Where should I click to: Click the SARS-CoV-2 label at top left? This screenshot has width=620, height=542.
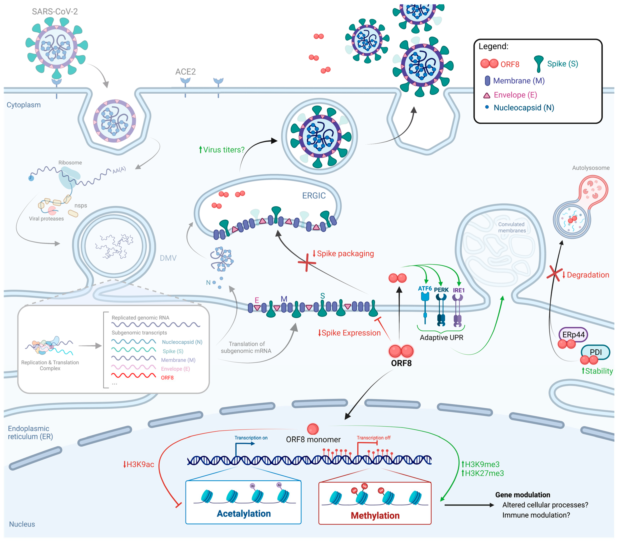(55, 12)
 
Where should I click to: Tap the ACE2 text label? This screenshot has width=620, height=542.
(185, 72)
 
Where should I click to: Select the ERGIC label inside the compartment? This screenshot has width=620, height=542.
(314, 196)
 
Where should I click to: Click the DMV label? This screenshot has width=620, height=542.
(168, 258)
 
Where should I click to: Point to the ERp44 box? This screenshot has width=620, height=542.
(573, 334)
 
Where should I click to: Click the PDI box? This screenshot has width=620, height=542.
(596, 352)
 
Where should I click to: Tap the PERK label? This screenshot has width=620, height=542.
(441, 290)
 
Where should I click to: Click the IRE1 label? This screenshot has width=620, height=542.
(458, 290)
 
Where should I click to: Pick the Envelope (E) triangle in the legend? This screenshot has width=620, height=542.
(486, 96)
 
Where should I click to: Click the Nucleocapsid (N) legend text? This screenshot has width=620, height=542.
(524, 108)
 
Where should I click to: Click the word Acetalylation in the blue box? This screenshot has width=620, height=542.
(244, 513)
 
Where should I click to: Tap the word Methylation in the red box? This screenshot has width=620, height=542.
(375, 515)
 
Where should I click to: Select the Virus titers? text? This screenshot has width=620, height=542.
(223, 150)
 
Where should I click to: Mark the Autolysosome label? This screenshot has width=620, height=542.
(590, 168)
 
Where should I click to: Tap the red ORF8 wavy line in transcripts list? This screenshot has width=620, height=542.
(134, 375)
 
